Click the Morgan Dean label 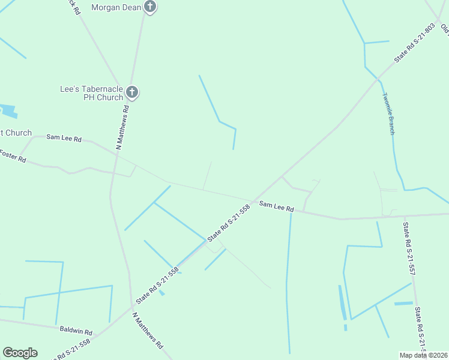pyautogui.click(x=116, y=7)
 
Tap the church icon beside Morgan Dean pyautogui.click(x=150, y=7)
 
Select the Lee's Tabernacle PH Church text pyautogui.click(x=91, y=93)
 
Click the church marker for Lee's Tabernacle pyautogui.click(x=133, y=92)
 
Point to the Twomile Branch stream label pyautogui.click(x=388, y=113)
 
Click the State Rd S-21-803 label pyautogui.click(x=414, y=43)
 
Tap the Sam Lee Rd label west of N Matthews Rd pyautogui.click(x=64, y=138)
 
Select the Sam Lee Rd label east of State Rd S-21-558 pyautogui.click(x=276, y=207)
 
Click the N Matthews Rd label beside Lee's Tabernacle pyautogui.click(x=123, y=127)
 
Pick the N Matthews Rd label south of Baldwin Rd pyautogui.click(x=148, y=331)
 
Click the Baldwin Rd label pyautogui.click(x=76, y=331)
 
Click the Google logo pyautogui.click(x=20, y=353)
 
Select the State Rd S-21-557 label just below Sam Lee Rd pyautogui.click(x=409, y=249)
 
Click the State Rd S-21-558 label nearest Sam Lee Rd pyautogui.click(x=228, y=223)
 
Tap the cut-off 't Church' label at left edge pyautogui.click(x=16, y=133)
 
